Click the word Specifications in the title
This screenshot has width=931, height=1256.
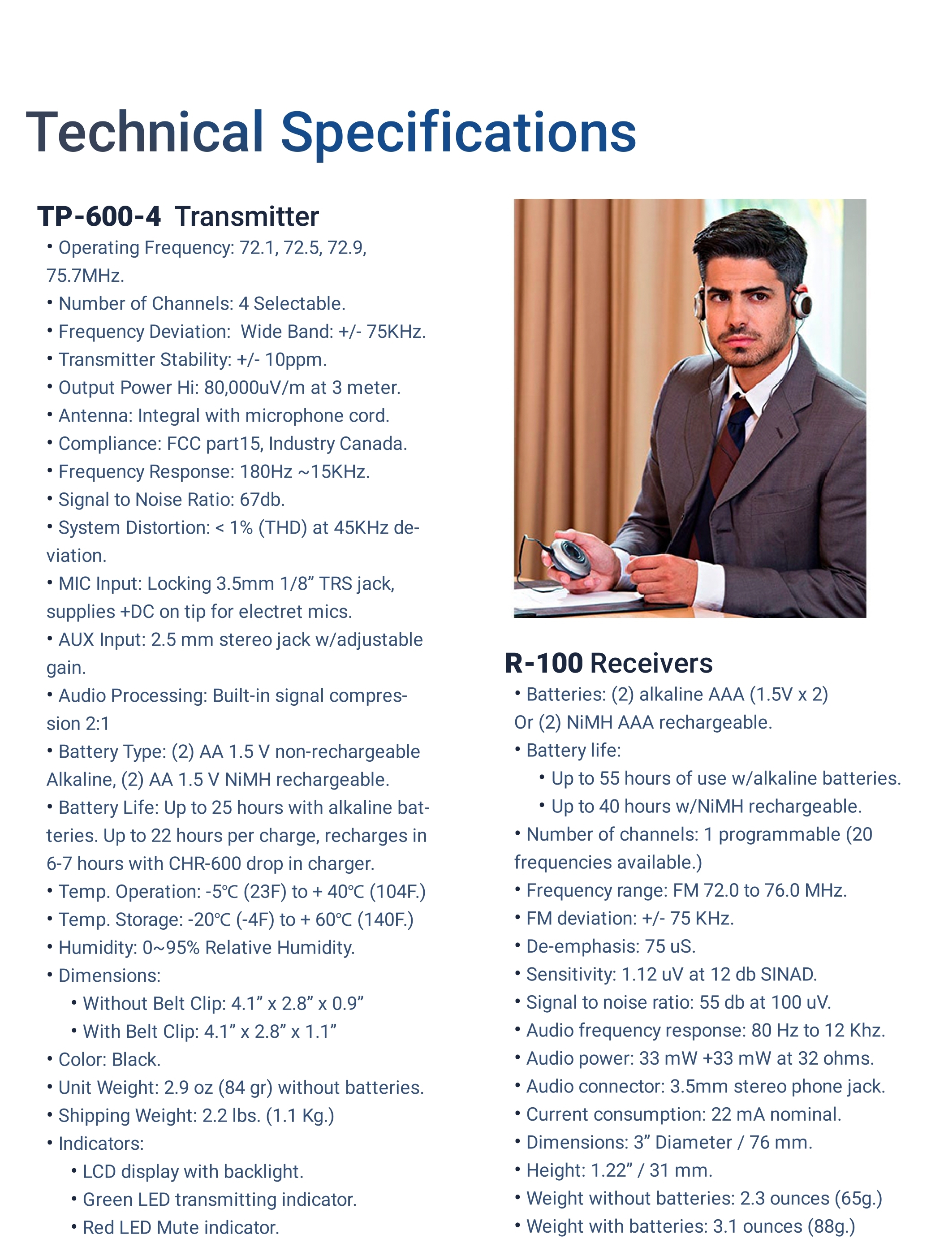(458, 133)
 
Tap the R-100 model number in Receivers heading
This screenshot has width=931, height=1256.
(543, 663)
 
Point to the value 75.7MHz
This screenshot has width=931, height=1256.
(85, 276)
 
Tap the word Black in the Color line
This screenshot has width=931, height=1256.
(136, 1059)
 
